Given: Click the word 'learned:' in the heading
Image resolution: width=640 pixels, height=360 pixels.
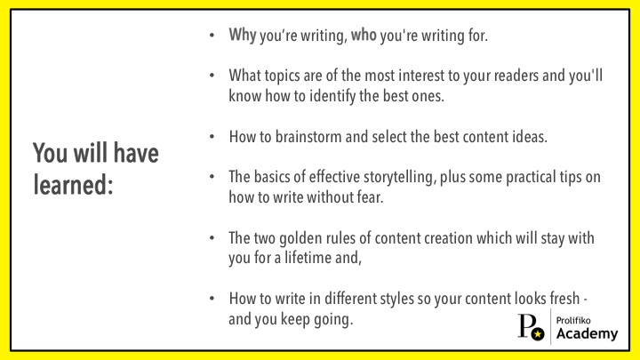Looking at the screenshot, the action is coord(73,185).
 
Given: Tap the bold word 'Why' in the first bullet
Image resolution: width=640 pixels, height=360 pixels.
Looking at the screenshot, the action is coord(243,36).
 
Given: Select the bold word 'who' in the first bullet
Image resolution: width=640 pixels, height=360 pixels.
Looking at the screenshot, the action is coord(364,35).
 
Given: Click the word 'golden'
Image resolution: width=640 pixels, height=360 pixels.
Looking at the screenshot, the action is coord(298,239).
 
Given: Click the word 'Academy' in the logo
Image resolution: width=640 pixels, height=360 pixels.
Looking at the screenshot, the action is coord(587,333).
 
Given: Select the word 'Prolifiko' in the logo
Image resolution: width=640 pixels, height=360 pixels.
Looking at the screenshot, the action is coord(573,320).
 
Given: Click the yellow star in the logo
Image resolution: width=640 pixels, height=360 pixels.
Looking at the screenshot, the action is coord(538,334).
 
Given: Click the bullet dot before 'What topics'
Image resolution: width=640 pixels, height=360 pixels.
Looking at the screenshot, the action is coord(212,76).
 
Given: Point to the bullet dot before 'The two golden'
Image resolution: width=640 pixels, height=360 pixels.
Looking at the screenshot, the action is coord(212,238).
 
